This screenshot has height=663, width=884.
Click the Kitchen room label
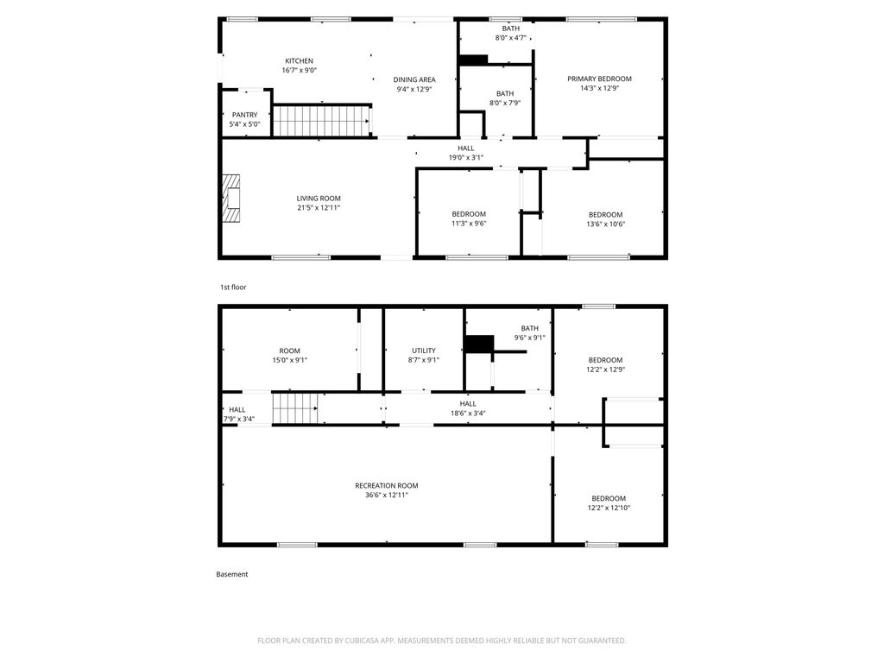pyautogui.click(x=299, y=61)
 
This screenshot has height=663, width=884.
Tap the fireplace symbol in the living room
pyautogui.click(x=230, y=199)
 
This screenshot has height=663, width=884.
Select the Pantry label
pyautogui.click(x=244, y=115)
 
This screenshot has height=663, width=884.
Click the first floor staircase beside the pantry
pyautogui.click(x=321, y=121)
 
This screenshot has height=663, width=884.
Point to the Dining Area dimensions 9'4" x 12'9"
pyautogui.click(x=414, y=89)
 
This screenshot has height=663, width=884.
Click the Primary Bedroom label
pyautogui.click(x=599, y=79)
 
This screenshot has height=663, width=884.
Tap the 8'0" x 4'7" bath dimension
pyautogui.click(x=511, y=38)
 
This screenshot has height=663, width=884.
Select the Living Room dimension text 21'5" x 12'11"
pyautogui.click(x=319, y=207)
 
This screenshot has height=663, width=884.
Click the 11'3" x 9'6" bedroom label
pyautogui.click(x=469, y=218)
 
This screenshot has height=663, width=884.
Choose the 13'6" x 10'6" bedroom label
pyautogui.click(x=605, y=219)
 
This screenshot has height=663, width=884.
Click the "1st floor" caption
pyautogui.click(x=233, y=287)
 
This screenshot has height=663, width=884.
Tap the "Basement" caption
pyautogui.click(x=231, y=574)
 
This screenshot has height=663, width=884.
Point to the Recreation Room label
pyautogui.click(x=387, y=485)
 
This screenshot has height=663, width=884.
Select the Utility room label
pyautogui.click(x=423, y=350)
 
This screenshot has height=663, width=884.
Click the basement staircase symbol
pyautogui.click(x=295, y=408)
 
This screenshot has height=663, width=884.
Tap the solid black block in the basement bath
pyautogui.click(x=479, y=344)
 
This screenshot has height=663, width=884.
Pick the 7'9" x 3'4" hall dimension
pyautogui.click(x=239, y=419)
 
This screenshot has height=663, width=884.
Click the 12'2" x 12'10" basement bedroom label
pyautogui.click(x=609, y=503)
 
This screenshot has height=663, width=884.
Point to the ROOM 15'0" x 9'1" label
pyautogui.click(x=290, y=355)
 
